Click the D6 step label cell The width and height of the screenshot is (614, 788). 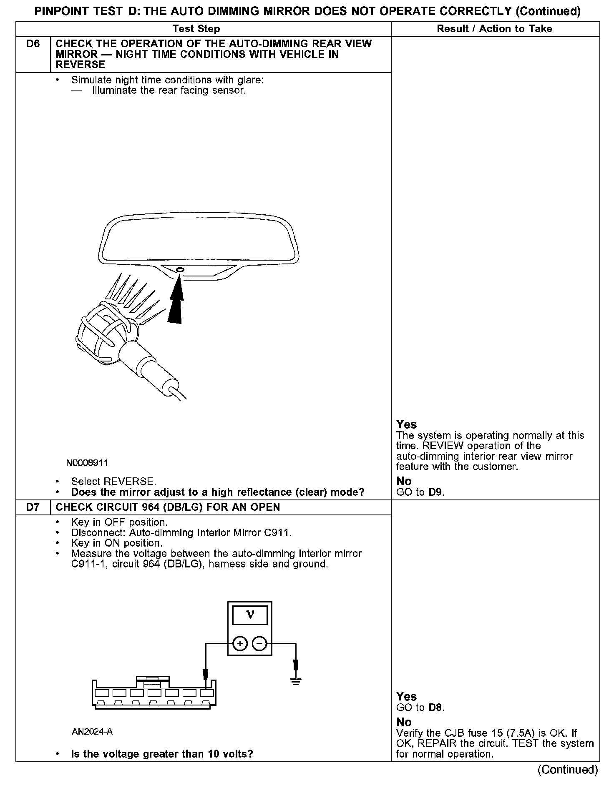point(33,44)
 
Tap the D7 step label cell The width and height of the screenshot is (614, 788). point(33,507)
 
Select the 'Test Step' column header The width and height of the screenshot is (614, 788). point(196,29)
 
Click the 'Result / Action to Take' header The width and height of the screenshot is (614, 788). point(494,29)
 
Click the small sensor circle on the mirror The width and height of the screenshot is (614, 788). point(180,270)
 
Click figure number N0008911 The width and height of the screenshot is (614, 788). point(87,463)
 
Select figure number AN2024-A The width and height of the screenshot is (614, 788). point(92,732)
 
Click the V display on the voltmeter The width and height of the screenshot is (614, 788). point(249,615)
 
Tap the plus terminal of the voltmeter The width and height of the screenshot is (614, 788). point(240,644)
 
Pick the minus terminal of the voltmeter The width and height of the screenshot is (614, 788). point(259,644)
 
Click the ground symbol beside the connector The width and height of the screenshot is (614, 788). point(296,683)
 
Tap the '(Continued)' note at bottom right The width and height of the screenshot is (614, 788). point(568,769)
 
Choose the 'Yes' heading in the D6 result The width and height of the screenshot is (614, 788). point(406,424)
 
